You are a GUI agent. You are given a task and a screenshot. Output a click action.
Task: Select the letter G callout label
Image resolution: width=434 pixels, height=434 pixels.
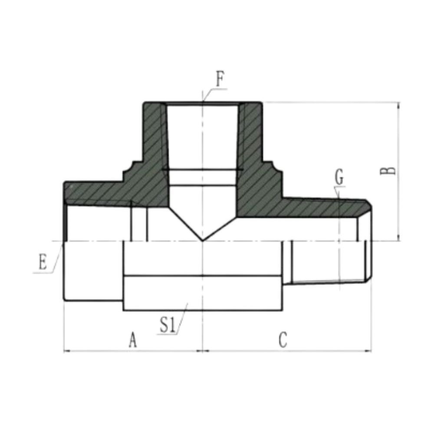pos(339,178)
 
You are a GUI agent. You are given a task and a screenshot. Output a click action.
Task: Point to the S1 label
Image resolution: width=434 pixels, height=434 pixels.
pos(167,325)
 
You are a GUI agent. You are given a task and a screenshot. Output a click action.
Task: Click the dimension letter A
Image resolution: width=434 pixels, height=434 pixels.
pos(132,340)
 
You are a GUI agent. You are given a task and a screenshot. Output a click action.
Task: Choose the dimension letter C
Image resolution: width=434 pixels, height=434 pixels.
pos(283,340)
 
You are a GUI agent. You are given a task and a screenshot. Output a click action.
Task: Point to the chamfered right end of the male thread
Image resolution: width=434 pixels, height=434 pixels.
pos(368,243)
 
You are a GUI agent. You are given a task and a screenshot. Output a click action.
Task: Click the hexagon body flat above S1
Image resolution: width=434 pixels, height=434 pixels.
pos(203,293)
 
